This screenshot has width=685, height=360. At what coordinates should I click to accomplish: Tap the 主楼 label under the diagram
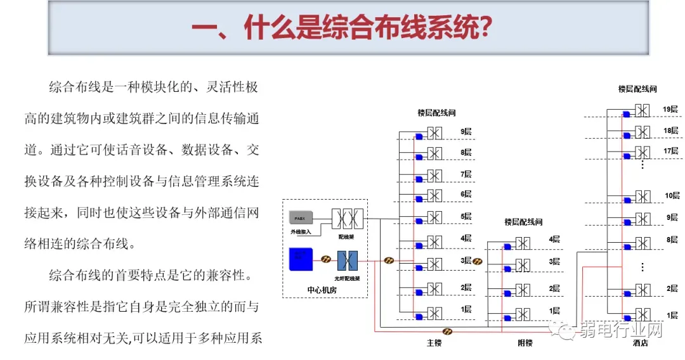pos(434,343)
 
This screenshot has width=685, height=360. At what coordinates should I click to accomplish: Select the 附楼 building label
pos(525,343)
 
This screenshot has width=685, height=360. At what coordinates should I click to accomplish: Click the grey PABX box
pos(301,217)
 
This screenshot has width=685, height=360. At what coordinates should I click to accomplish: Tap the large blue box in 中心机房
pos(301,260)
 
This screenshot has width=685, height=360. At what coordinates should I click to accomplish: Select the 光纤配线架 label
pos(348,277)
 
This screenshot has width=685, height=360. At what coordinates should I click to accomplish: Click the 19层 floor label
pos(670,109)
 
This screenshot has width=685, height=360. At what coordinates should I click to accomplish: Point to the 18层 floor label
pos(670,131)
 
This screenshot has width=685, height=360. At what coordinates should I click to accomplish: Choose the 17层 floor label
pos(670,151)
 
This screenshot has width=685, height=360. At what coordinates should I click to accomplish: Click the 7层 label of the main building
pos(466,174)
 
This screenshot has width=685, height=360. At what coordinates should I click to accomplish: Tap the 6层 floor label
pos(466,194)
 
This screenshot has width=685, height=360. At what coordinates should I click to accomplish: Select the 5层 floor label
pos(466,216)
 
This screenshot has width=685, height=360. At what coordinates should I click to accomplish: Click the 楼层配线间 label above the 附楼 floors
pos(524,222)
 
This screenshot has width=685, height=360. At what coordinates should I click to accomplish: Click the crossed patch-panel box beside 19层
pos(643,110)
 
